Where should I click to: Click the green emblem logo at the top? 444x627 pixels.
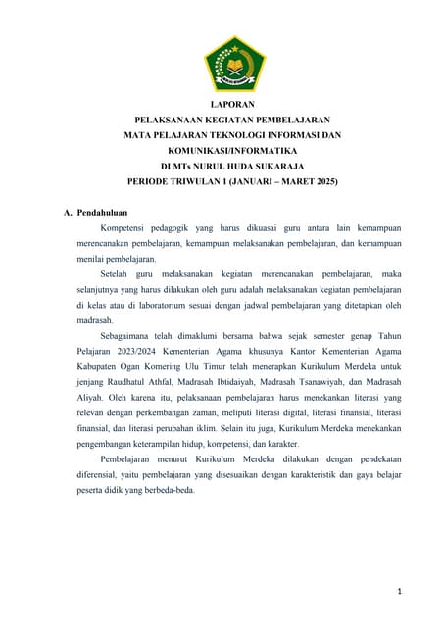point(234,64)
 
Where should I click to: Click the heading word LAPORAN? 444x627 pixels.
point(234,104)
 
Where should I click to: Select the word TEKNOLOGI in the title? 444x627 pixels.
point(252,135)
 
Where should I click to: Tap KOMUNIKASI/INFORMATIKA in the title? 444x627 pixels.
point(234,151)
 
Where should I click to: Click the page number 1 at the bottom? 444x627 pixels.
point(401,591)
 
